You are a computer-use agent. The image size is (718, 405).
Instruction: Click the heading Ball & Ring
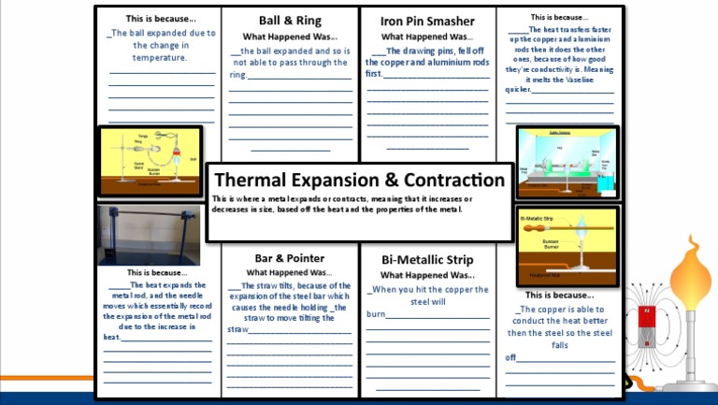(x=291, y=21)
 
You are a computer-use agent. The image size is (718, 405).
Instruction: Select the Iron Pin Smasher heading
(x=427, y=22)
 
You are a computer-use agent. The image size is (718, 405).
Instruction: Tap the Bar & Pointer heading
(x=290, y=258)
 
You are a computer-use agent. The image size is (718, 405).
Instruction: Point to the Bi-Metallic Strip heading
(x=427, y=259)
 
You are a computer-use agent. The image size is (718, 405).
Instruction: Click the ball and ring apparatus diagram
(x=150, y=161)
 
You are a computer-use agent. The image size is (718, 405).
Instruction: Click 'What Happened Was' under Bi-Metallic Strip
(x=426, y=275)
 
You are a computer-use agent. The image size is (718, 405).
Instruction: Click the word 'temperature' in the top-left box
(x=161, y=57)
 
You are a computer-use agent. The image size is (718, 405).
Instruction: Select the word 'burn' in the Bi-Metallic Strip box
(x=376, y=314)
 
